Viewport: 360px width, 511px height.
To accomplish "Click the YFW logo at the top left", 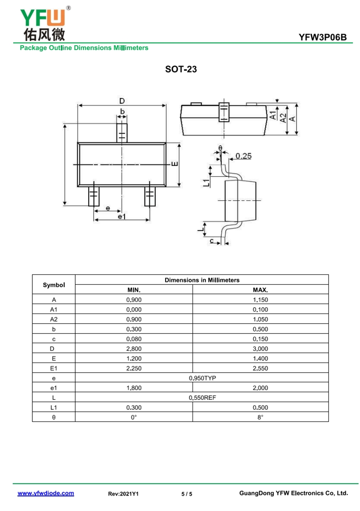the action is pos(45,23).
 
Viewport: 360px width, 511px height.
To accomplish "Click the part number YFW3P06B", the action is pos(323,37).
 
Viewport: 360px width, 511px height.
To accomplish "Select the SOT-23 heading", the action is pos(181,69).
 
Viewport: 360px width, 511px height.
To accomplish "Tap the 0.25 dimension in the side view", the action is pos(243,156).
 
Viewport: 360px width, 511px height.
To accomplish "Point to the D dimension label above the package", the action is pos(122,101).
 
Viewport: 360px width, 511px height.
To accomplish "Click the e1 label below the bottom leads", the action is pos(121,216).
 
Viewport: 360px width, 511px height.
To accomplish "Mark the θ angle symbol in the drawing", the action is pos(220,148).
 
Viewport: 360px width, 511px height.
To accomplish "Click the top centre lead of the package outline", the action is pos(122,133).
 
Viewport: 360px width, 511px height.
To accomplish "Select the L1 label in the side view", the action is pos(207,183).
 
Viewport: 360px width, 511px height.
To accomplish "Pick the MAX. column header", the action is pos(260,290).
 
